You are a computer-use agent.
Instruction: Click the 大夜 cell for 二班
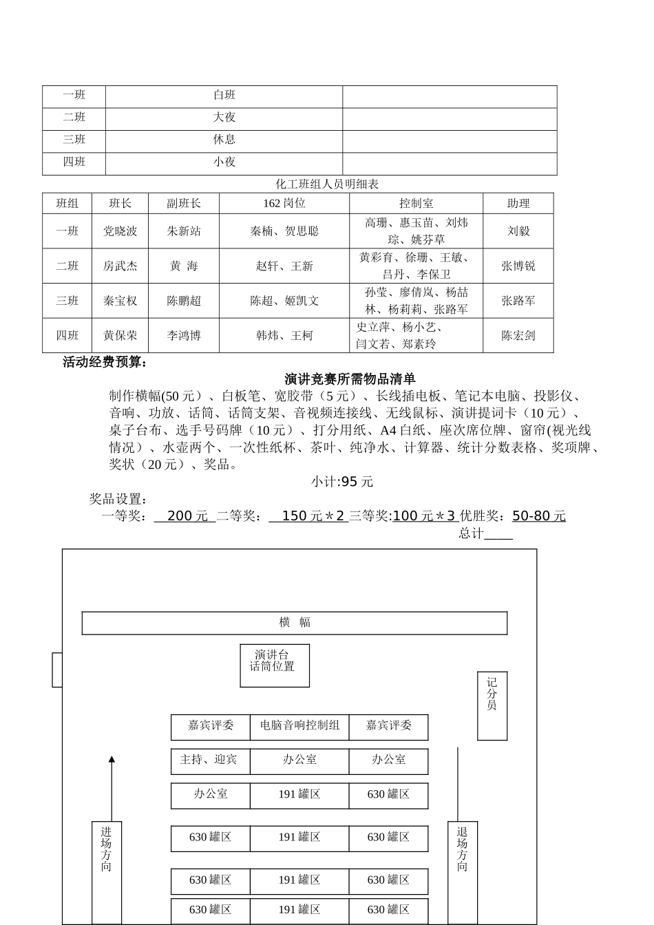(224, 118)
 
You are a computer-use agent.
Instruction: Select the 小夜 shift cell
(224, 162)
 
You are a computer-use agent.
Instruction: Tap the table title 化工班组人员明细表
(327, 184)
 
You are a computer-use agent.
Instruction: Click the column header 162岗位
(284, 204)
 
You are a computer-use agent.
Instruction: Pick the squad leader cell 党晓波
(120, 231)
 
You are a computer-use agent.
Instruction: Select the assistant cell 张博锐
(518, 266)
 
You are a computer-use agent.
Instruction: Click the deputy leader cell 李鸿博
(184, 336)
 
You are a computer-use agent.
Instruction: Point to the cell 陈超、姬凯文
(284, 301)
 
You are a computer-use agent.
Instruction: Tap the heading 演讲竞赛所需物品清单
(350, 379)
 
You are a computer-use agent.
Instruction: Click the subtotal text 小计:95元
(341, 482)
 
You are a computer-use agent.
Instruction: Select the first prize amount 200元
(187, 516)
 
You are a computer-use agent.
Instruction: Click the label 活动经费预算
(105, 363)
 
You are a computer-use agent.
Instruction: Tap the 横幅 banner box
(295, 623)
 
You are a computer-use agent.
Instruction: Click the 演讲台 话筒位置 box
(274, 665)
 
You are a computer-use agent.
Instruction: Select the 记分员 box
(492, 705)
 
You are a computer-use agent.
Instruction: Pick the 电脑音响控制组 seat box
(299, 726)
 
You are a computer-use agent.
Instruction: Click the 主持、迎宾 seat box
(209, 761)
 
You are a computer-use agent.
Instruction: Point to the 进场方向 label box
(106, 871)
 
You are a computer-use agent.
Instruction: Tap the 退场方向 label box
(462, 871)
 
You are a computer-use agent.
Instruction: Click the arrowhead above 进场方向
(112, 759)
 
